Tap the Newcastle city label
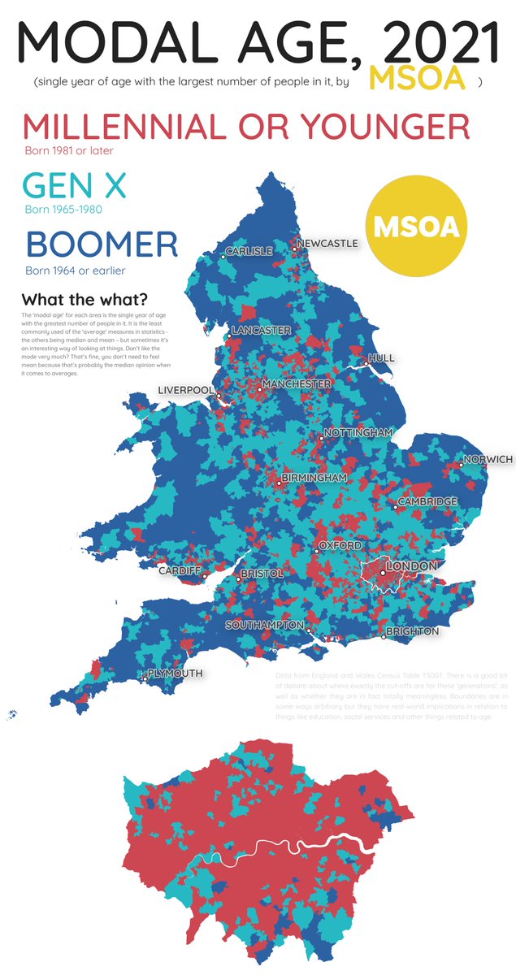[327, 243]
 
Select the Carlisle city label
[249, 251]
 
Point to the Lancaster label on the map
[261, 331]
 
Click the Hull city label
[381, 357]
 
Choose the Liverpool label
[186, 390]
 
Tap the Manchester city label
[296, 383]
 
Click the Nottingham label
[358, 432]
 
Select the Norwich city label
[488, 460]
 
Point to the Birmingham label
[314, 478]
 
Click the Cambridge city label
[427, 502]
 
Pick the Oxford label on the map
[340, 546]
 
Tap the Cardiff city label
[180, 571]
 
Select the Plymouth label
[175, 674]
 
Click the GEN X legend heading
[75, 185]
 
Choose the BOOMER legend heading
[102, 245]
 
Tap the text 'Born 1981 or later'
[70, 150]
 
